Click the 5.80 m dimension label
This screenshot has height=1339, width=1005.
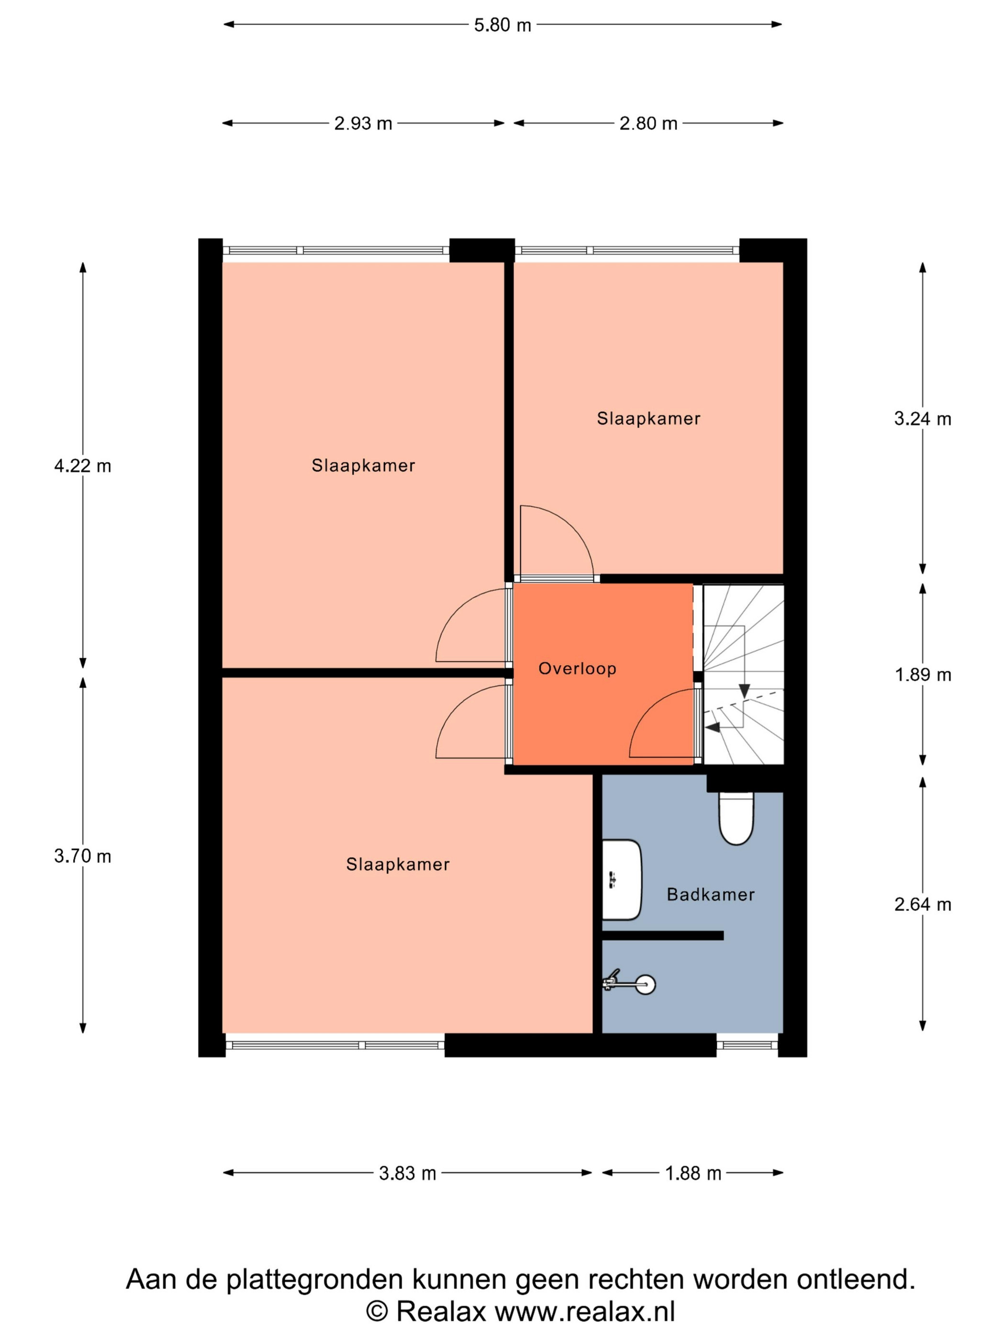tap(502, 25)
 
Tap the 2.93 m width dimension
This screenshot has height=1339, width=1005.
tap(363, 123)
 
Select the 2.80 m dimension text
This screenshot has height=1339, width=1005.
tap(648, 123)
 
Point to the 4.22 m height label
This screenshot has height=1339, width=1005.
tap(82, 466)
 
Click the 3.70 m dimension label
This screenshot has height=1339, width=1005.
tap(82, 856)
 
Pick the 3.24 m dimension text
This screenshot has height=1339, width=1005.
tap(923, 419)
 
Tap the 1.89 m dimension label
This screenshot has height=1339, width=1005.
tap(923, 674)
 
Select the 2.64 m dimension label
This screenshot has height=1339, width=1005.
tap(923, 904)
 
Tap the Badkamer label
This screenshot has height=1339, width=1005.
tap(711, 895)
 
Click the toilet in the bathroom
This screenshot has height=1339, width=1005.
tap(736, 818)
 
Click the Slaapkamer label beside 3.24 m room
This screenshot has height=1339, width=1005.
tap(648, 418)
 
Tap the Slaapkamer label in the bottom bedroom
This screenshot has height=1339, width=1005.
tap(397, 865)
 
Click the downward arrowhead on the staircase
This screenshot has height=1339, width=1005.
tap(744, 691)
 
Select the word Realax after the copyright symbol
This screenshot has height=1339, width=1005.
tap(442, 1312)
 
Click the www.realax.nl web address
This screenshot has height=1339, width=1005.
tap(585, 1312)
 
